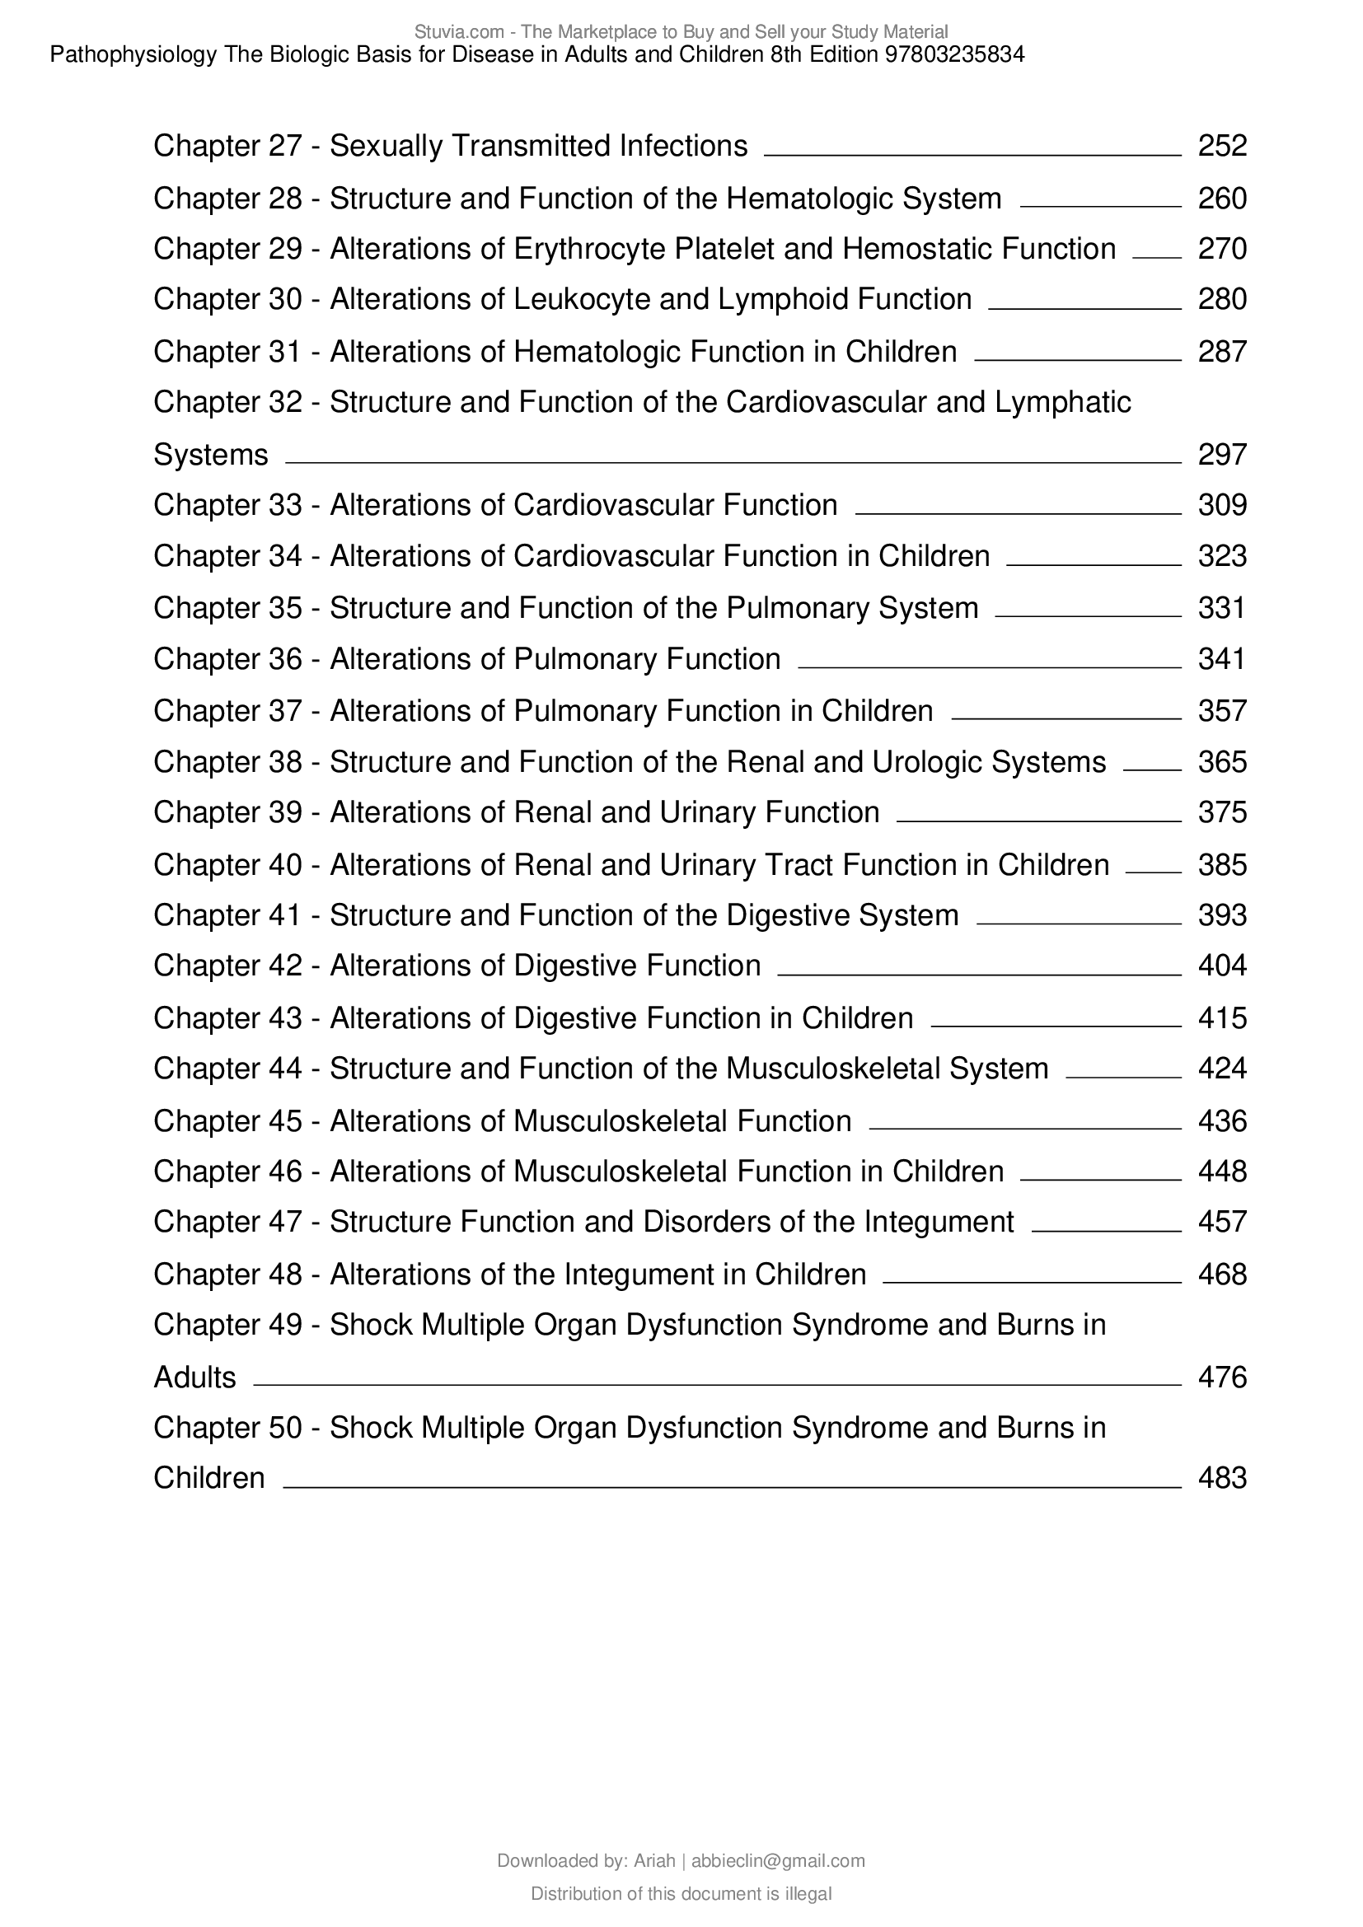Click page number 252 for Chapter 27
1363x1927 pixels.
pos(1222,146)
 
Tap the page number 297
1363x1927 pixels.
pos(1222,455)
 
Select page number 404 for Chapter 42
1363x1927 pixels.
pos(1222,966)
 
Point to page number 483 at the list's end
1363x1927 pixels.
pos(1222,1478)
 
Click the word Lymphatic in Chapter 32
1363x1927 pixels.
pos(1062,403)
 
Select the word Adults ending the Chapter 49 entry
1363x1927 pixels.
pos(194,1378)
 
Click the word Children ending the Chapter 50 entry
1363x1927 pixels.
pos(209,1478)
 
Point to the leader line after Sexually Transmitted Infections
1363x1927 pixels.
pos(972,154)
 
